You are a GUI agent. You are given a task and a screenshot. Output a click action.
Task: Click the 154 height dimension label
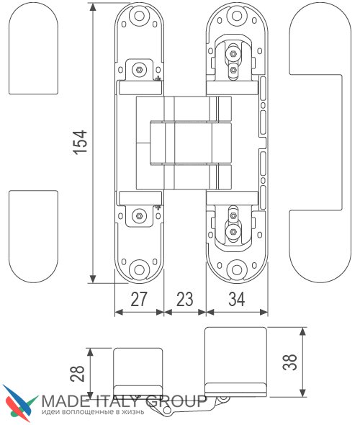point(81,143)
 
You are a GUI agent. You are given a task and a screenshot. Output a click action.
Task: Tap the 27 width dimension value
point(139,299)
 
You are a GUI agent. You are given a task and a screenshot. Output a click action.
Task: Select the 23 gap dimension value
point(185,299)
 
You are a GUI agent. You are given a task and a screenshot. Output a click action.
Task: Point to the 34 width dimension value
point(237,299)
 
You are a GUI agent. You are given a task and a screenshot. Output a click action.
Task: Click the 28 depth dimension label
point(78,374)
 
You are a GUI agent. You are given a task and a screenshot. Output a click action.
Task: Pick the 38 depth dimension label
point(290,362)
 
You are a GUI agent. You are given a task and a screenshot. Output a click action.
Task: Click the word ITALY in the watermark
point(117,401)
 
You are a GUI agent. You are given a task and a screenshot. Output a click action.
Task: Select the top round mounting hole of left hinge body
point(139,16)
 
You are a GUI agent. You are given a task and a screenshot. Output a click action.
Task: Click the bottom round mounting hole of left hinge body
point(139,269)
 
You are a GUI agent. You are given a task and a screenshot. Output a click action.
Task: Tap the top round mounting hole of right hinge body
point(237,16)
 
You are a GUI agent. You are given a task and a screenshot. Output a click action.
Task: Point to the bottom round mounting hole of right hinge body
point(237,269)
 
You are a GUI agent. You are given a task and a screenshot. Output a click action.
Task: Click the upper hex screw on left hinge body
point(139,70)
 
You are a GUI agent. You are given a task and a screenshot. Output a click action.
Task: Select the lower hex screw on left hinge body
point(139,216)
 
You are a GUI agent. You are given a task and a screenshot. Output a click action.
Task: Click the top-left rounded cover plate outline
point(33,49)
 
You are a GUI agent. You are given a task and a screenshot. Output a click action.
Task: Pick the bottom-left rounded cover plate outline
point(33,236)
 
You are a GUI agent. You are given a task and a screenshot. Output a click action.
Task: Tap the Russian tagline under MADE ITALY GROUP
point(93,412)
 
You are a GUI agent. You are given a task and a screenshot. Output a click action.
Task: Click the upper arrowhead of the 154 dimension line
point(93,6)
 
